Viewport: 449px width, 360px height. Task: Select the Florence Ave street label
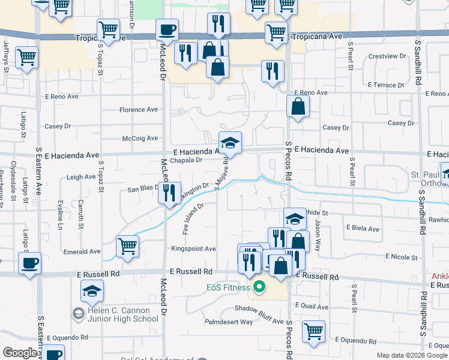pos(138,110)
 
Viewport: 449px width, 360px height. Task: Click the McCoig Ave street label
pos(139,138)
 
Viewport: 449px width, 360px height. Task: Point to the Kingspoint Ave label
pos(193,248)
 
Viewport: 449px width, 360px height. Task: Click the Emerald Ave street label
pos(79,253)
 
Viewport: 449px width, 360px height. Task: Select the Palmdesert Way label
pos(229,322)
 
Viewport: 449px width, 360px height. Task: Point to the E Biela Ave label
pos(363,229)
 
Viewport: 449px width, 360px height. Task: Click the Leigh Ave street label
pos(82,177)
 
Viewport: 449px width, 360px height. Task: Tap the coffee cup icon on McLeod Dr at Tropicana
pos(167,29)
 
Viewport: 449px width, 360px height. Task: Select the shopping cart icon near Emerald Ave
pos(127,245)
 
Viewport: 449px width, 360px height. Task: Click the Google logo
pos(20,353)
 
